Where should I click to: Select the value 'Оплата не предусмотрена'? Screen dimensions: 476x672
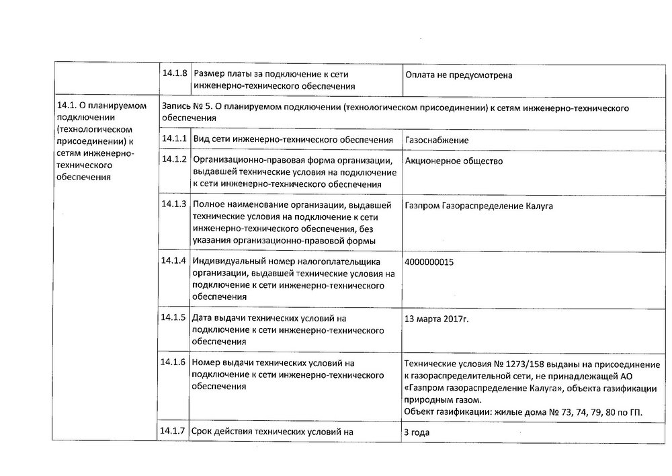tap(458, 75)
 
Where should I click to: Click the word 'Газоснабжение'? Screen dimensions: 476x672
tap(437, 141)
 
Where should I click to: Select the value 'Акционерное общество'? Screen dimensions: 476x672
tap(454, 161)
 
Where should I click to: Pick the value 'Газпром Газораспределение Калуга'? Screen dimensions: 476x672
tap(479, 206)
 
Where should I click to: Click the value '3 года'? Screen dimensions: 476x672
tap(417, 433)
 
